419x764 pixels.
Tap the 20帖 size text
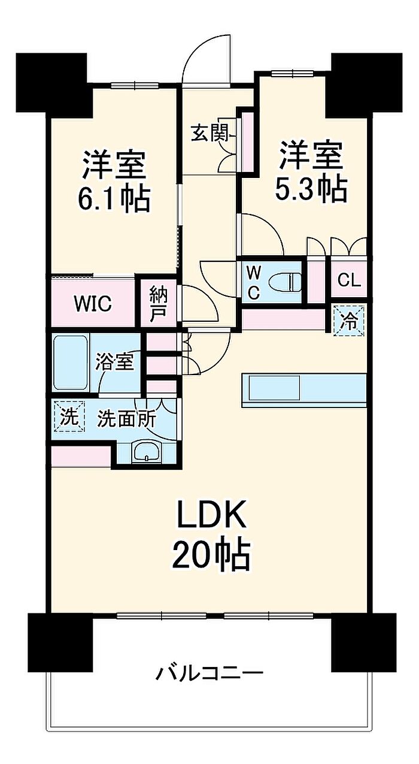tap(210, 555)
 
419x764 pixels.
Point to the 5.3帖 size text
tap(311, 188)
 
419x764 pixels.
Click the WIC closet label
tap(93, 304)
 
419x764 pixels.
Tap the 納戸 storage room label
tap(158, 304)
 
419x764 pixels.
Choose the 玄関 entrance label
tap(209, 133)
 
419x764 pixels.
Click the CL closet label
tap(349, 280)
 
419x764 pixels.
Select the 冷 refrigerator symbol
tap(349, 319)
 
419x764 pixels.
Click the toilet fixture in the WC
tap(286, 280)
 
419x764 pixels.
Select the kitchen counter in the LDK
tap(304, 390)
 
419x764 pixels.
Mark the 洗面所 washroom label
tap(127, 418)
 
